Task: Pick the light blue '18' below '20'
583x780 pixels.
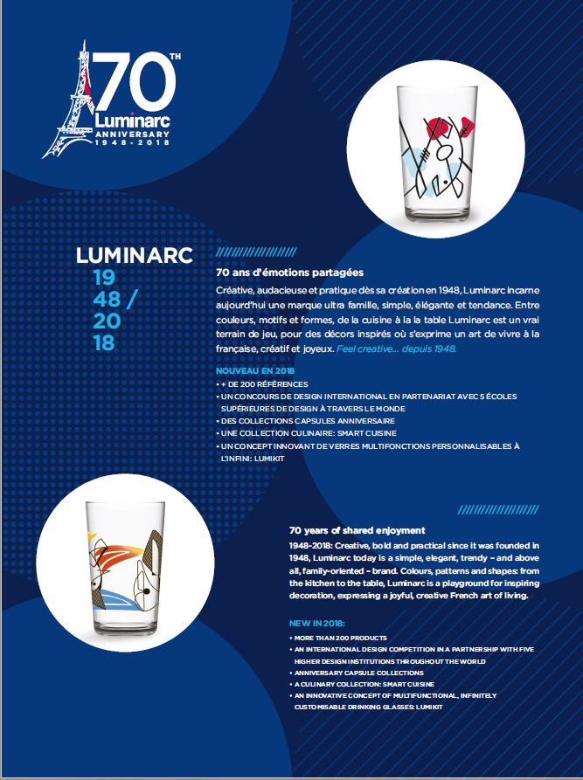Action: (104, 342)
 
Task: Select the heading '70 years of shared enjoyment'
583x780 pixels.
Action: (357, 530)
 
